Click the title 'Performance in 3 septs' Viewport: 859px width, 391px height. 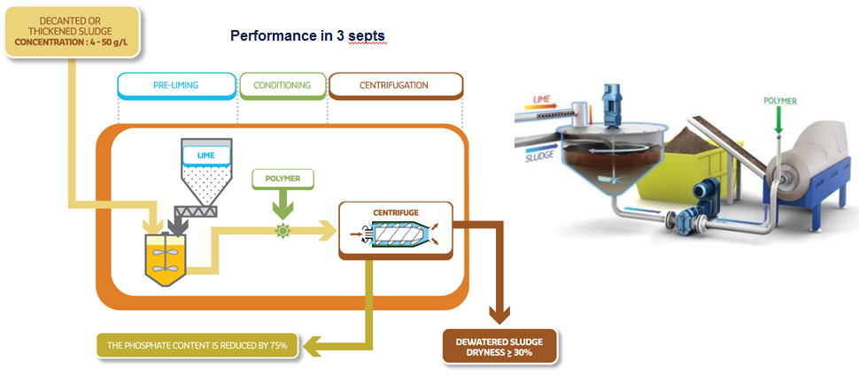(x=306, y=36)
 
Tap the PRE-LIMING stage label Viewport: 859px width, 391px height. (x=175, y=86)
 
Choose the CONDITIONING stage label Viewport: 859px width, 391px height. (x=282, y=86)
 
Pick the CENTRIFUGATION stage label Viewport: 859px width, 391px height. (x=394, y=86)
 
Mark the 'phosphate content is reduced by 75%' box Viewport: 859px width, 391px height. (x=196, y=344)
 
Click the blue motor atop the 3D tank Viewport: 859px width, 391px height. (x=612, y=101)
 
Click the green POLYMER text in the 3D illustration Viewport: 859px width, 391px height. (x=779, y=101)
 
